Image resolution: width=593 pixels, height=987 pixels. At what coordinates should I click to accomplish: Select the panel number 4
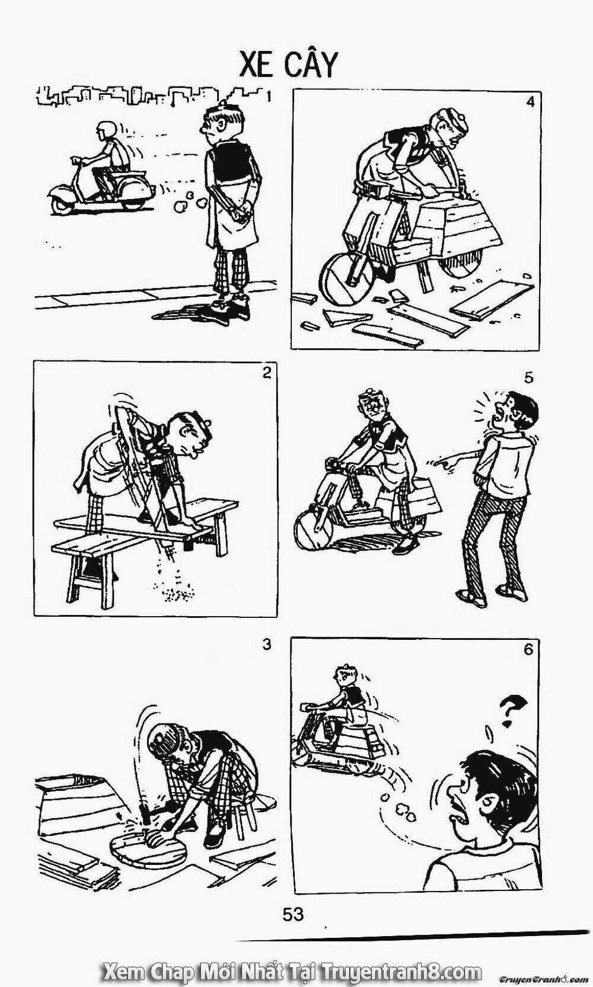click(530, 101)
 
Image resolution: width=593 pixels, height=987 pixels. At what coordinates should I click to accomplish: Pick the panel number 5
click(529, 377)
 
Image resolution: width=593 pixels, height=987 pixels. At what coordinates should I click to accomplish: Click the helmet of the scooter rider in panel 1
click(107, 129)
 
